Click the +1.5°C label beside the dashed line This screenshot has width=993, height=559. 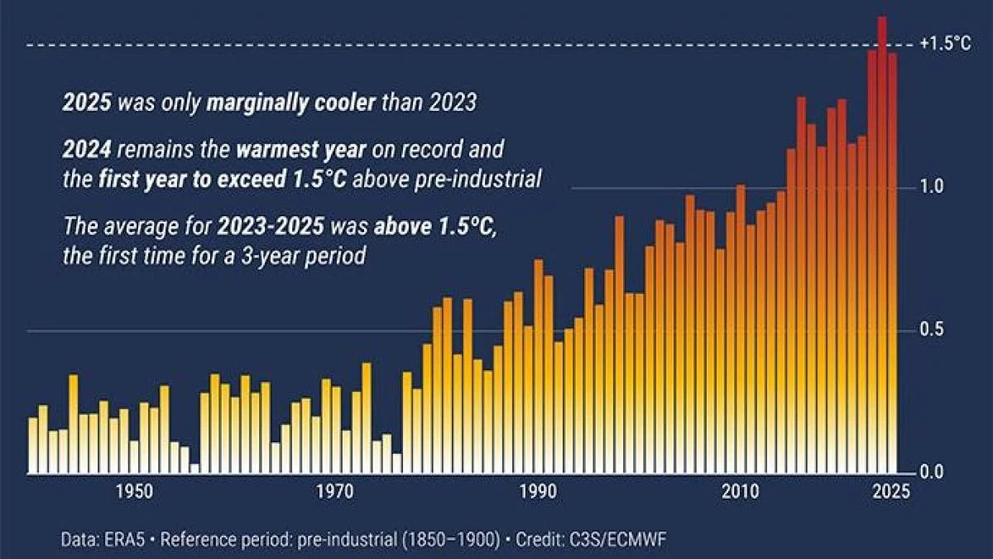click(945, 44)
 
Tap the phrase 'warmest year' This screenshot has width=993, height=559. click(287, 152)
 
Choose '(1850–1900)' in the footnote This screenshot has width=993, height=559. click(450, 540)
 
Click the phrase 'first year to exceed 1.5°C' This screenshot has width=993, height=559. click(223, 180)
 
